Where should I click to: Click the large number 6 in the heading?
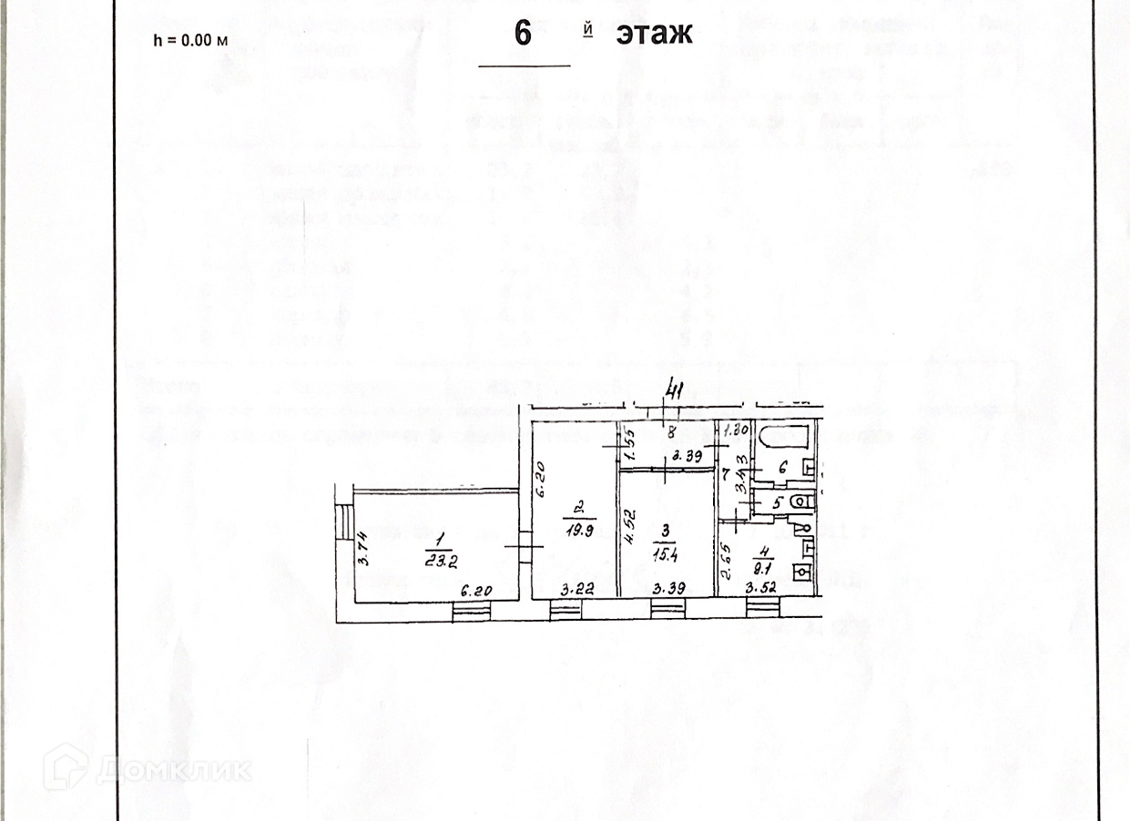(523, 34)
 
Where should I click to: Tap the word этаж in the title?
(654, 34)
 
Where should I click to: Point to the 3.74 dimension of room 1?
(362, 550)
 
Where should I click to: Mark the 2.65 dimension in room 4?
(725, 561)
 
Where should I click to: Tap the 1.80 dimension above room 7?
(737, 431)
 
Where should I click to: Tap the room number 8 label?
(670, 432)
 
